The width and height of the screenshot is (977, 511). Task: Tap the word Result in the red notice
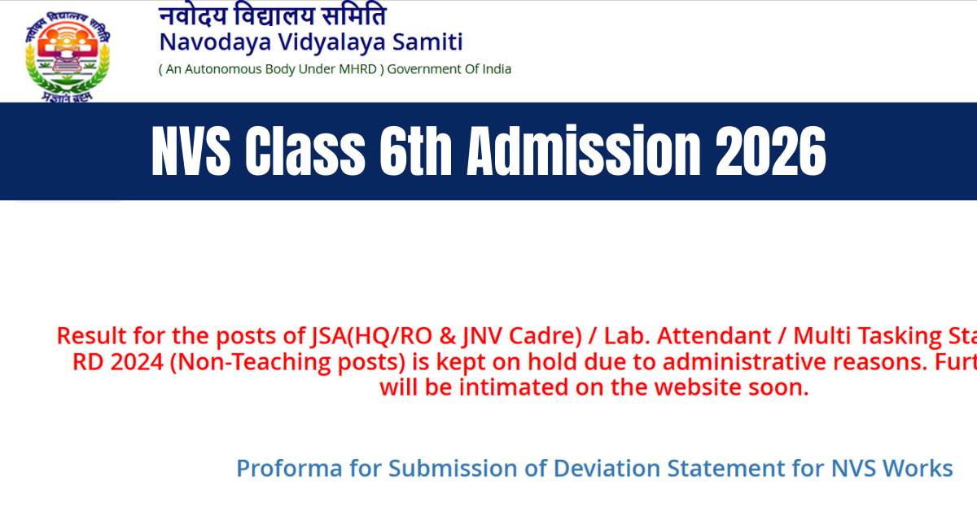[x=87, y=335]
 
